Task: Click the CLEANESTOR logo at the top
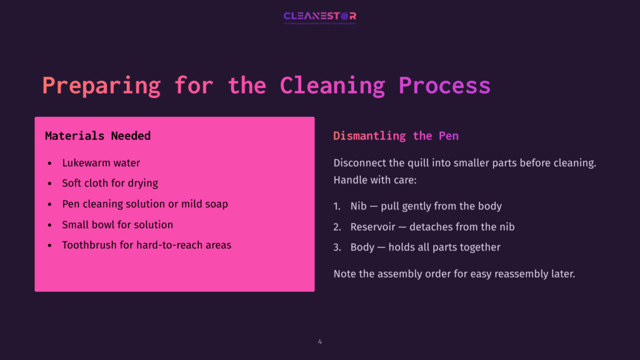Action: tap(319, 16)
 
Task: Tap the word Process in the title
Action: tap(444, 85)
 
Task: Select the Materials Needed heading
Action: tap(97, 136)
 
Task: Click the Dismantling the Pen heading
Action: tap(396, 136)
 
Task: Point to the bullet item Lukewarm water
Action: tap(101, 163)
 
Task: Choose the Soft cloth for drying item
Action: tap(109, 184)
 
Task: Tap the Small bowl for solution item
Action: tap(117, 224)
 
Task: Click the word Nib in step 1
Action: tap(358, 206)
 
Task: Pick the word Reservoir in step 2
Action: tap(372, 227)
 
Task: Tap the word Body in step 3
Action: tap(362, 247)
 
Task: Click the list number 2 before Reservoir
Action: tap(337, 227)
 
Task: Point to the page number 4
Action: tap(320, 341)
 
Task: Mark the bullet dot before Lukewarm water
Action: tap(50, 164)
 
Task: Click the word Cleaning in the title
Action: tap(332, 85)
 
